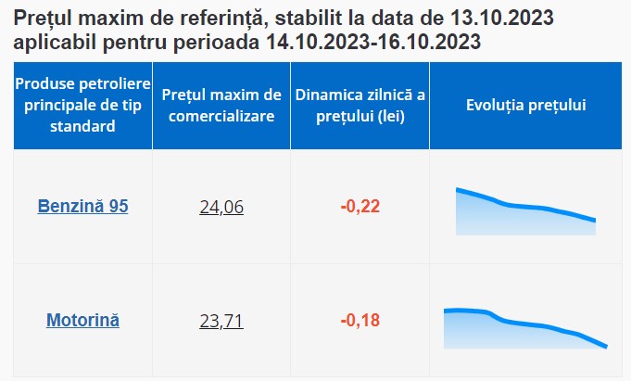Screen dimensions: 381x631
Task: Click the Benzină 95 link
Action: click(82, 206)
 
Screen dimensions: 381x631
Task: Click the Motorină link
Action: click(82, 321)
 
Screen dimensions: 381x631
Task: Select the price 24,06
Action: click(221, 207)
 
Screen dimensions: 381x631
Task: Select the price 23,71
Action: click(221, 322)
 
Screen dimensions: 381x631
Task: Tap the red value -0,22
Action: click(360, 206)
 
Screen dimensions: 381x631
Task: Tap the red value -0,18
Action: click(360, 321)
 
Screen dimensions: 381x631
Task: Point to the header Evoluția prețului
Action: click(525, 105)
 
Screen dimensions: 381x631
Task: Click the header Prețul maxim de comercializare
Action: click(221, 105)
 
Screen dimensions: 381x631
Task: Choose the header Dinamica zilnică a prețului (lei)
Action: click(360, 105)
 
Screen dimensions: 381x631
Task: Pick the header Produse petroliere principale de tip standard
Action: click(82, 105)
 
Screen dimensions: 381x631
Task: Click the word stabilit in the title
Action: click(300, 19)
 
